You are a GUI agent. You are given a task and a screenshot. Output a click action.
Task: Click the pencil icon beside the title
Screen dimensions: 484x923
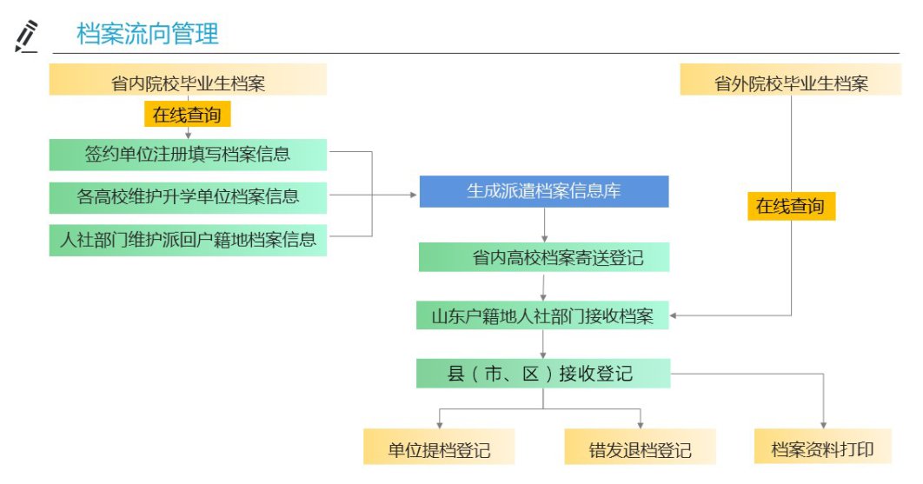point(28,36)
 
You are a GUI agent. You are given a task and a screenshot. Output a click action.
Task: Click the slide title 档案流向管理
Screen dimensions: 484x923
point(148,35)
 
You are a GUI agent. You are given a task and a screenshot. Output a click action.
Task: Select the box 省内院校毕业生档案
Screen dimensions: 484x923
point(188,82)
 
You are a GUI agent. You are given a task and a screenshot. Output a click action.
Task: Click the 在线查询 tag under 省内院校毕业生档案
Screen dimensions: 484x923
point(188,114)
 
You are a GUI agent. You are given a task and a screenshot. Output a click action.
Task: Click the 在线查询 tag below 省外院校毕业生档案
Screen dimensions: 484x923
point(791,206)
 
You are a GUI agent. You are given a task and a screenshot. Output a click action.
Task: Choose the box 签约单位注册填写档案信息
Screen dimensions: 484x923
point(188,155)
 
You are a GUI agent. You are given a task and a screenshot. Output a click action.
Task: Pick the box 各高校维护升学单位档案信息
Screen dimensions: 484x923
point(188,196)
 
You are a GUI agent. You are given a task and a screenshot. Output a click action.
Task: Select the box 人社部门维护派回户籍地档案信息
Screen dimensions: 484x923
point(188,237)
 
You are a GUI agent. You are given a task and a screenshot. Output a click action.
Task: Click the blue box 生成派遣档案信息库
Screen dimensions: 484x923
point(544,191)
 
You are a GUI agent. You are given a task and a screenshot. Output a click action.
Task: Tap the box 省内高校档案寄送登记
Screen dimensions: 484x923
point(544,258)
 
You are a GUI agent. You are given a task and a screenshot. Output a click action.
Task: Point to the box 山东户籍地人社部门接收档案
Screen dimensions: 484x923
point(544,315)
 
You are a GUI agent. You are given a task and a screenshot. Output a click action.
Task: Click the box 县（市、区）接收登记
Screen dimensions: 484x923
point(544,375)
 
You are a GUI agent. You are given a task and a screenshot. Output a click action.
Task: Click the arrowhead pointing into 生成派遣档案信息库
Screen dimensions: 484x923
point(414,195)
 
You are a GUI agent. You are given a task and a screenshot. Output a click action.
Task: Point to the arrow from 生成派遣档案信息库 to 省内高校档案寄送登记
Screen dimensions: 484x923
point(544,225)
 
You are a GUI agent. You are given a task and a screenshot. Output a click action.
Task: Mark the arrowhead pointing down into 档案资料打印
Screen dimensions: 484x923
point(821,425)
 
